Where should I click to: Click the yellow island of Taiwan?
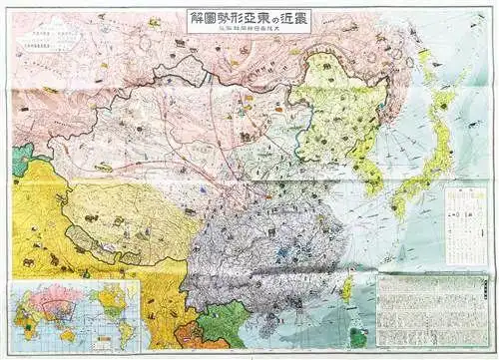(x=346, y=289)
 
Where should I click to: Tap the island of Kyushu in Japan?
(x=397, y=205)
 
